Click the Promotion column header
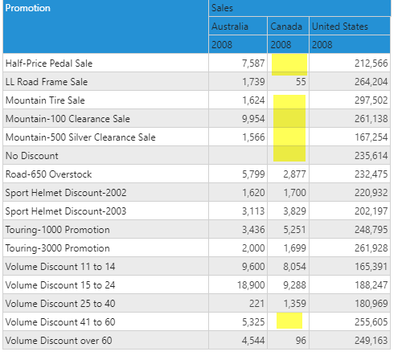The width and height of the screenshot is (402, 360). (28, 8)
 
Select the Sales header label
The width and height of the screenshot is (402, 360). (222, 8)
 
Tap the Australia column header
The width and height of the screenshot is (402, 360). (230, 27)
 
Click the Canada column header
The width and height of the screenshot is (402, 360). (286, 27)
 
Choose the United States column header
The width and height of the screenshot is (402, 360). (340, 27)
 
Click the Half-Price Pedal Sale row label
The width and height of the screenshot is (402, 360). (49, 63)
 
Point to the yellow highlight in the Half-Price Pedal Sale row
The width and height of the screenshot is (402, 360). (289, 64)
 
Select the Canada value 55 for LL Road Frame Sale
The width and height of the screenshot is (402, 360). (301, 82)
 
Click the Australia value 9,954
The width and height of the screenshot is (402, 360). (253, 119)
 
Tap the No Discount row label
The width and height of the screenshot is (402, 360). (32, 156)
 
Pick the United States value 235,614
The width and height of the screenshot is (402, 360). (371, 156)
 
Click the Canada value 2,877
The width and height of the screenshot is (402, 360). (294, 174)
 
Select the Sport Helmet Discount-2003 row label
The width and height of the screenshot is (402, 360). (66, 211)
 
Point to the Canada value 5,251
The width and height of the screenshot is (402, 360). (294, 230)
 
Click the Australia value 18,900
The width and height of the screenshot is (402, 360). (251, 285)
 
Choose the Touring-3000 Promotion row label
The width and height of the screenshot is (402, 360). (58, 248)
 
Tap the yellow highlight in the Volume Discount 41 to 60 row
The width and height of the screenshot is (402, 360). (289, 321)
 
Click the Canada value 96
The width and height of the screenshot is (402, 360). (301, 341)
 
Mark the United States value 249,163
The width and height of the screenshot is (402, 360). (371, 341)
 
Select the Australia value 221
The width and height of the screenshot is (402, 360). (256, 304)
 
